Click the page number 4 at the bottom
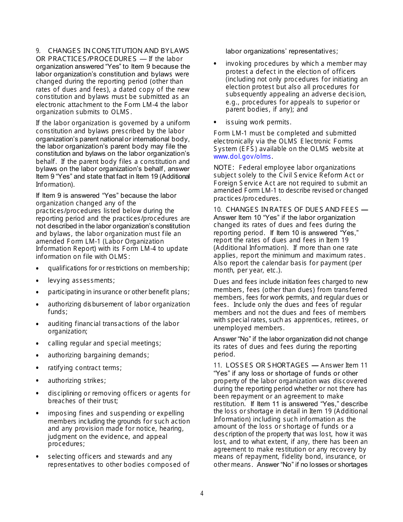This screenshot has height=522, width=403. click(201, 494)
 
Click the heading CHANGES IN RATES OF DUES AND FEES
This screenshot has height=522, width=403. click(292, 210)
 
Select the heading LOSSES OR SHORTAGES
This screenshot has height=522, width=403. click(267, 365)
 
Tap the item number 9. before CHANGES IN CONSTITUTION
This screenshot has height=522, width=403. click(38, 51)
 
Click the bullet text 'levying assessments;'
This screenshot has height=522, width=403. click(81, 281)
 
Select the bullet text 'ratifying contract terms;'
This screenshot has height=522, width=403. click(84, 368)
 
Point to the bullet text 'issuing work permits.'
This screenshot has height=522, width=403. click(258, 122)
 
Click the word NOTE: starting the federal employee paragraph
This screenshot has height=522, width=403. click(224, 168)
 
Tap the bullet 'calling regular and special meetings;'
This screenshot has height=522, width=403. click(104, 343)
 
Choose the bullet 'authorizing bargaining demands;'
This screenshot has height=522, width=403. click(98, 355)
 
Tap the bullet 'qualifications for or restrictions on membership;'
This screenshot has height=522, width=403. click(118, 268)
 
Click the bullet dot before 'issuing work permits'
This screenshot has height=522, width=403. click(215, 122)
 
